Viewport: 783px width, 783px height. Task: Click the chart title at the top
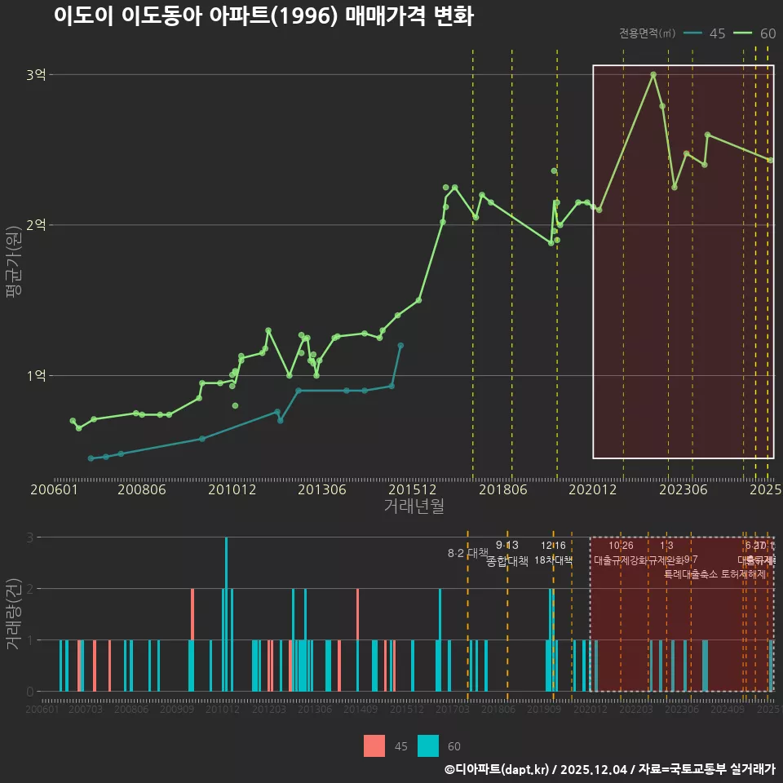point(263,16)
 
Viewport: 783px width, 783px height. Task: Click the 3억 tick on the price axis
point(36,75)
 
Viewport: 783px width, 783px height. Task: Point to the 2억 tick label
point(36,225)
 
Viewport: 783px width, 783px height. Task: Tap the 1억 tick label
point(36,376)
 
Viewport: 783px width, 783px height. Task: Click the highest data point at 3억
point(653,74)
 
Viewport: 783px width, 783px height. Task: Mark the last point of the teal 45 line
point(400,345)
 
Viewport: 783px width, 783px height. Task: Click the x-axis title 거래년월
point(414,506)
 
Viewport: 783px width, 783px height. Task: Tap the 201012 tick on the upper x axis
point(232,490)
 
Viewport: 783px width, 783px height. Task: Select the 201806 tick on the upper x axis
point(502,490)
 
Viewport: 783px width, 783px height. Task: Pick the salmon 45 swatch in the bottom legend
point(374,745)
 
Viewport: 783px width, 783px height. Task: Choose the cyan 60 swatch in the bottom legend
point(428,745)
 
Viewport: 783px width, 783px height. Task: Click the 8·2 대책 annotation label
point(467,553)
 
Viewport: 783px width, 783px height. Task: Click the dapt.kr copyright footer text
point(609,769)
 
